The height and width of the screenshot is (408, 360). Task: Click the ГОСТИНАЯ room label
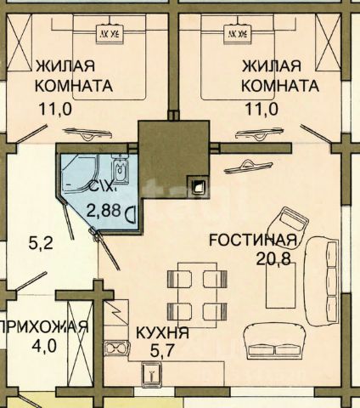coord(253,240)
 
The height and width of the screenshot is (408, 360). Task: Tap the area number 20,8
coord(273,258)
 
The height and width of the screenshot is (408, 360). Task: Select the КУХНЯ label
coord(162,332)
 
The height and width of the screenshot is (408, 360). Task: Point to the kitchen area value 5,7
coord(161,352)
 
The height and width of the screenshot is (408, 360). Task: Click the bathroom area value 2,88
coord(104,211)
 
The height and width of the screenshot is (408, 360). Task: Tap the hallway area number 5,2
coord(41,243)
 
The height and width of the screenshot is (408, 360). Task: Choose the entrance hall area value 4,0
coord(44,346)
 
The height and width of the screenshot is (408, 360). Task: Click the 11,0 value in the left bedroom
coord(56,109)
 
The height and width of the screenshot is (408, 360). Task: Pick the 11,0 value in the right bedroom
coord(262,109)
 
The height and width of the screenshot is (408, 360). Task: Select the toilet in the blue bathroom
coord(121,167)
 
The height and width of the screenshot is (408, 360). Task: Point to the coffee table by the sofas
coord(281,286)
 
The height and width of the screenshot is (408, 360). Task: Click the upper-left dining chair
coord(180,279)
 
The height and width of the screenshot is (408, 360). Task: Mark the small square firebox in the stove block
coord(200,186)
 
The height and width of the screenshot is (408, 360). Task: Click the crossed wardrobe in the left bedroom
coord(19,42)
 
